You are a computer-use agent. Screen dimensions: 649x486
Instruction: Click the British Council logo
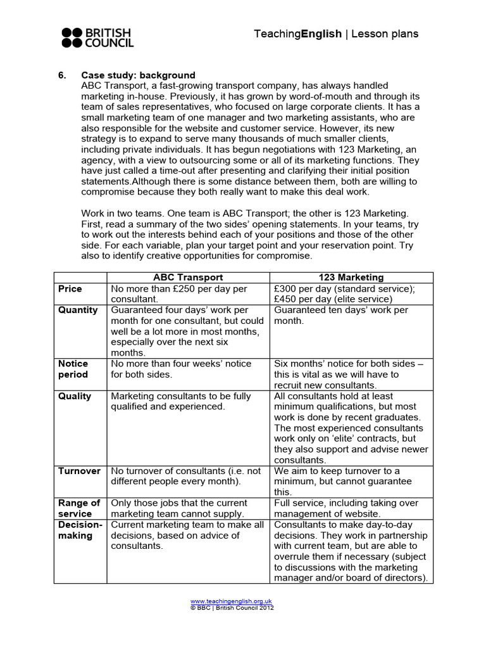coord(97,38)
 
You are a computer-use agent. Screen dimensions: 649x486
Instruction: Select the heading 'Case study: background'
coord(138,75)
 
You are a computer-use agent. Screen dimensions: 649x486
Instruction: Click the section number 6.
coord(62,75)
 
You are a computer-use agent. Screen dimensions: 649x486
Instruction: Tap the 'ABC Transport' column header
coord(188,278)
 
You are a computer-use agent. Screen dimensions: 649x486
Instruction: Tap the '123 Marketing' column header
coord(351,278)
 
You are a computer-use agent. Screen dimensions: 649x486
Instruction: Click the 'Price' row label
coord(70,289)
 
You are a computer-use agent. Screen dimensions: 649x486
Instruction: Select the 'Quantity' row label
coord(78,310)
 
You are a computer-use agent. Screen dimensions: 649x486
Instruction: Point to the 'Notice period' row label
coord(73,369)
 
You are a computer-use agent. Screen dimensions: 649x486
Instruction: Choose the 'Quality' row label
coord(75,396)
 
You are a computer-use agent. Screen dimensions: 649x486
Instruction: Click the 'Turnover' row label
coord(79,471)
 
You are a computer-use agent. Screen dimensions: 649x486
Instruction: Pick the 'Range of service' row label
coord(79,508)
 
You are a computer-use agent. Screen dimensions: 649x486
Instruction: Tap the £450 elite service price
coord(288,299)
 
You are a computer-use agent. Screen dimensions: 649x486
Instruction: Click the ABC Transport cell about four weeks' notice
coord(181,369)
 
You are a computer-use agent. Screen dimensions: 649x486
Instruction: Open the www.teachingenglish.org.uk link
coord(231,601)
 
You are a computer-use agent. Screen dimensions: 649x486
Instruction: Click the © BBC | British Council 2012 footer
coord(232,607)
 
